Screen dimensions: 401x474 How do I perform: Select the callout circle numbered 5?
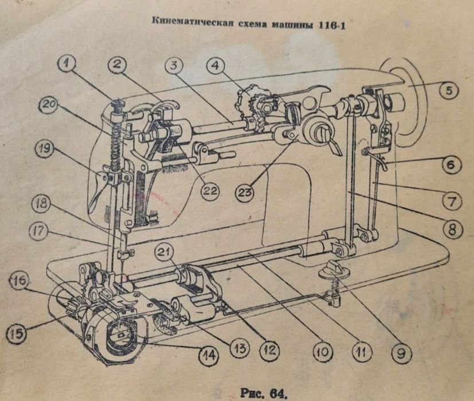pos(450,90)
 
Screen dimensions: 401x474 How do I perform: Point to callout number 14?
pos(209,355)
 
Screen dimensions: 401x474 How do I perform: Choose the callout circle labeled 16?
pos(19,281)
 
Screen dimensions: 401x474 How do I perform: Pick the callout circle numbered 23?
pos(245,193)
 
